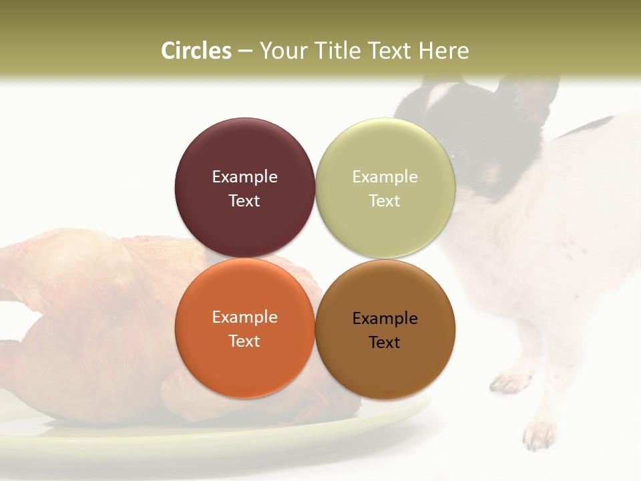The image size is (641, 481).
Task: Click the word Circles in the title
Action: coord(196,51)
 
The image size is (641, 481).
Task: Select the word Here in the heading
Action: coord(444,51)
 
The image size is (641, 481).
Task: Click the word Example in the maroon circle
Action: coord(244,177)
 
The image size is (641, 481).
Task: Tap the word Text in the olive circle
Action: coord(385,201)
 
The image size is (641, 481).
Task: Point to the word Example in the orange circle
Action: coord(244,317)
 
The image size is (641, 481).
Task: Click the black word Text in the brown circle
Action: coord(385,343)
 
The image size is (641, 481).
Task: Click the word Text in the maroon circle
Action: coord(244,201)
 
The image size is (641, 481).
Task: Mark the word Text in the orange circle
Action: coord(244,341)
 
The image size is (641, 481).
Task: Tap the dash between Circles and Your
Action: coord(245,51)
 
